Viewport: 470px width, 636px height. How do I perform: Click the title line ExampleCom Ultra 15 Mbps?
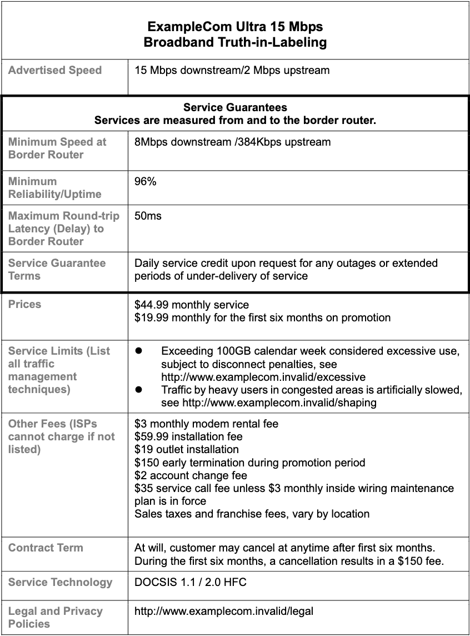coord(235,27)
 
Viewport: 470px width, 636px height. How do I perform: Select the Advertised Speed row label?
coord(55,70)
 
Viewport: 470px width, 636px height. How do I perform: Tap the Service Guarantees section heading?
coord(235,107)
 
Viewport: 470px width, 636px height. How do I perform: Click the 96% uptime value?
coord(146,181)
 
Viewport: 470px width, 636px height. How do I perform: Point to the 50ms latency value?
coord(148,216)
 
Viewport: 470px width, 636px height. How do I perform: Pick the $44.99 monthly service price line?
coord(192,305)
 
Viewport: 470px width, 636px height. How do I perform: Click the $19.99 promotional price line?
coord(262,317)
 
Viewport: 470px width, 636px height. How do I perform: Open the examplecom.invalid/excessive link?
coord(263,377)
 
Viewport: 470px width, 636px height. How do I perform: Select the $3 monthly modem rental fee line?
coord(206,424)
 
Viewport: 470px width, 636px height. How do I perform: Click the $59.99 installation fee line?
coord(188,436)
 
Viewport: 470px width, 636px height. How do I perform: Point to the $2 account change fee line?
coord(191,475)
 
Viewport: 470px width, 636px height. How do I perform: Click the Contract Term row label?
coord(46,548)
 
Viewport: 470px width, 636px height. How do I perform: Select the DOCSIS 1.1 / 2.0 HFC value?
coord(191,582)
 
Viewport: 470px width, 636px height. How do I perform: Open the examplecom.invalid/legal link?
coord(224,611)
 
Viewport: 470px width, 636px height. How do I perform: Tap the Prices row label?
coord(25,304)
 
